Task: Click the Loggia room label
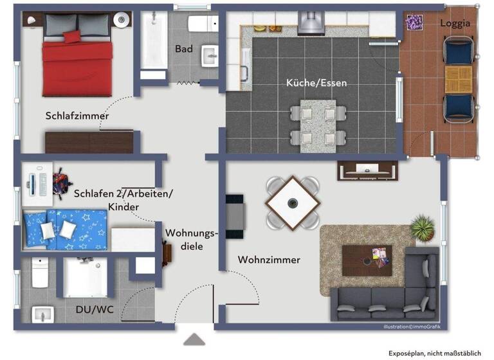pos(455,23)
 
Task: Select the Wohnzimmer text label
pos(269,260)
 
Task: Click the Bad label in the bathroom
pos(183,49)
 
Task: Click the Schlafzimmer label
pos(77,116)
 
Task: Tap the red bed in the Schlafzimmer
pos(77,60)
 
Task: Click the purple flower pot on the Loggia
pos(413,23)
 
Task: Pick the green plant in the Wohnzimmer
pos(423,226)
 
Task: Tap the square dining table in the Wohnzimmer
pos(293,203)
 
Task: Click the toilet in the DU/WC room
pos(40,273)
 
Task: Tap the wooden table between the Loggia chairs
pos(459,78)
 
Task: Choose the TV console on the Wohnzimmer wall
pos(365,170)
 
